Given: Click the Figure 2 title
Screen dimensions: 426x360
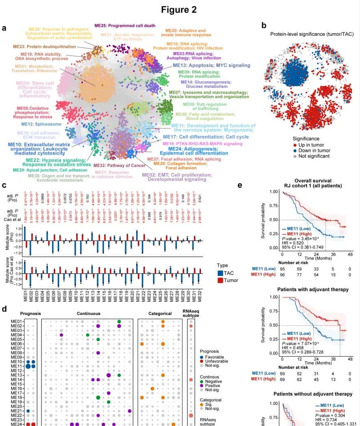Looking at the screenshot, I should (x=179, y=9).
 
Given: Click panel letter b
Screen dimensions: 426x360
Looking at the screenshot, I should (x=264, y=25).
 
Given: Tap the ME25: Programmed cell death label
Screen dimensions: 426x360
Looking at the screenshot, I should (x=125, y=26).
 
